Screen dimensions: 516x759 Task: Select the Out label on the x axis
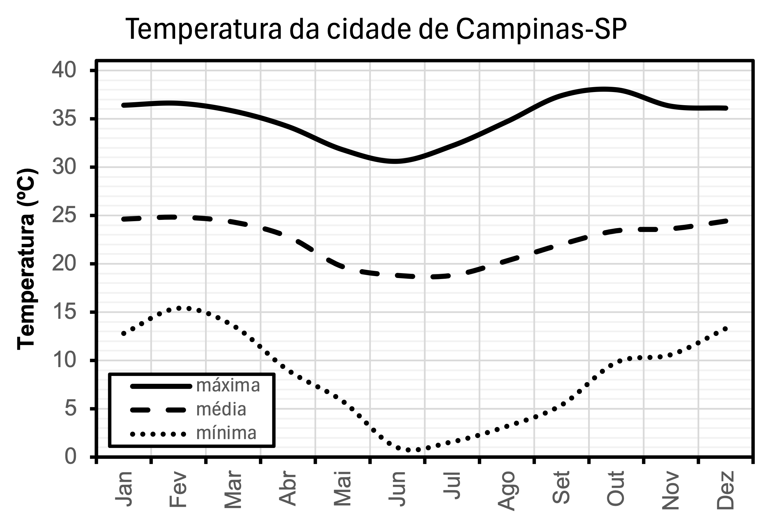615,488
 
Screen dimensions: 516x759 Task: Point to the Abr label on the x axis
287,489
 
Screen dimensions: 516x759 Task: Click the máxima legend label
228,386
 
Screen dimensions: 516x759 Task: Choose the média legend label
221,410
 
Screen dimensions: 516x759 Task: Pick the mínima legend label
226,433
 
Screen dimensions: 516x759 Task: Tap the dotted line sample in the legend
158,434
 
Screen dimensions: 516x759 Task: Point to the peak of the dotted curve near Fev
184,308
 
